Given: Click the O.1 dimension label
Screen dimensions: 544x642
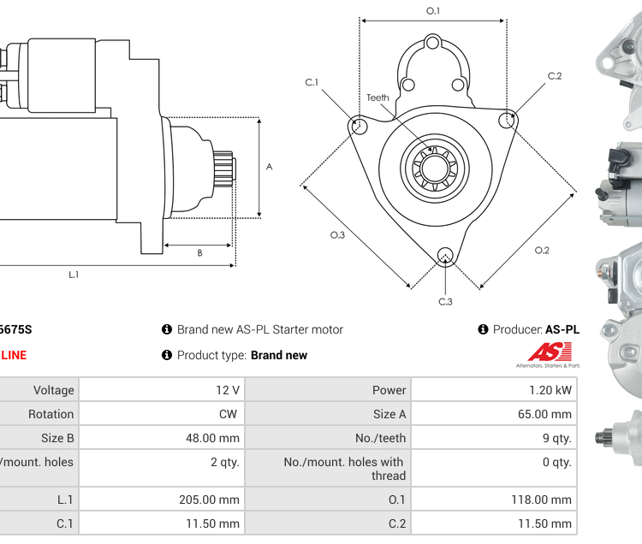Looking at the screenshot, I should [x=433, y=11].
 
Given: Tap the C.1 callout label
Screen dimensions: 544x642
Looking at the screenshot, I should [x=312, y=82].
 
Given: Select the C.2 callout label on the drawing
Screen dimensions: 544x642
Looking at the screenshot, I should [x=555, y=76].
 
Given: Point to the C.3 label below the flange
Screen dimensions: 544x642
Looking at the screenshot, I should [x=445, y=301].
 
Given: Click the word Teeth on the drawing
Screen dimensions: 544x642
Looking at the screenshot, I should [x=377, y=98].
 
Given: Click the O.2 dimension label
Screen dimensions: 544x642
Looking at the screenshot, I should [x=541, y=250].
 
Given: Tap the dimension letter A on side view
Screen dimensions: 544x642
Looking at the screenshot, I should [x=269, y=167].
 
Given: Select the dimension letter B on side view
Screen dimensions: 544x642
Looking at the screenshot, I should [x=199, y=252].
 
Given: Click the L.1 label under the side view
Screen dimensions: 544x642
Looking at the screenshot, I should [x=74, y=275].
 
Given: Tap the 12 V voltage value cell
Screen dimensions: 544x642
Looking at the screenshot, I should [x=228, y=390].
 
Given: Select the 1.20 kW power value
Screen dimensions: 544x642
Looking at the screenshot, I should [x=553, y=390].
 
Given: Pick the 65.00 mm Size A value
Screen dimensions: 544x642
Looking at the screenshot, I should [x=550, y=414].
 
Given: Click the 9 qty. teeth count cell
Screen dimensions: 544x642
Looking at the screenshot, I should [x=557, y=438].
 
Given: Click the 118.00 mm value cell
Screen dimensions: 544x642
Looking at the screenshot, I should [x=549, y=500].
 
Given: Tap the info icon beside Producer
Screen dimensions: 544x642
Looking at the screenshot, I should [x=483, y=329].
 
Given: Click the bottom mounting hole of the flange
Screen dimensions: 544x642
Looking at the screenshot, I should [x=444, y=255].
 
